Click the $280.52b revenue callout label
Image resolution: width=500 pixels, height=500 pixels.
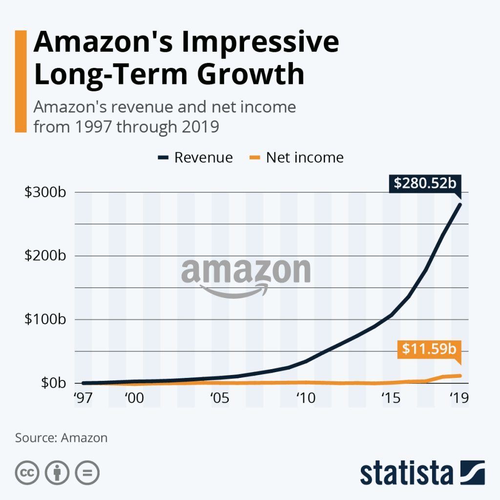[x=425, y=184]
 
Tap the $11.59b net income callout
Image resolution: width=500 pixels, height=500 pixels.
[x=429, y=350]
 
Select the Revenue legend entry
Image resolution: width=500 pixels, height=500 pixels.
[x=196, y=158]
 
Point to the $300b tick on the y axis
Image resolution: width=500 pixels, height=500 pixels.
[x=45, y=192]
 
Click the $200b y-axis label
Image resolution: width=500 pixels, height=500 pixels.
[x=45, y=256]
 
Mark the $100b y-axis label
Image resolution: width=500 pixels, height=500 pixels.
[x=45, y=320]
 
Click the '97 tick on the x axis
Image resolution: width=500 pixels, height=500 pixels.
[x=83, y=398]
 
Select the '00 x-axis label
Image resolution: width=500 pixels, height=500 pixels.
[x=134, y=398]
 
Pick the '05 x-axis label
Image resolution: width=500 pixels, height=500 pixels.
[x=220, y=398]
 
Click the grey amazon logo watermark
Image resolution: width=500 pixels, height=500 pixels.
[x=246, y=276]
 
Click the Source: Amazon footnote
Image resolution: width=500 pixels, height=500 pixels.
[x=61, y=437]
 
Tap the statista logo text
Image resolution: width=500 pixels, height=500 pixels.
[x=406, y=473]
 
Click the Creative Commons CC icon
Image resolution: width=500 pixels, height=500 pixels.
[x=27, y=473]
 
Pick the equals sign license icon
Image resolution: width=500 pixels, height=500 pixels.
[x=87, y=473]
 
